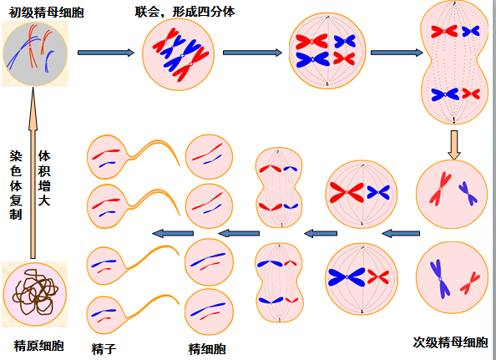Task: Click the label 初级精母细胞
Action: click(46, 13)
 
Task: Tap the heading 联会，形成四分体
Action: click(185, 12)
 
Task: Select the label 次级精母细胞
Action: click(450, 342)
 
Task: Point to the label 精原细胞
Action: click(39, 346)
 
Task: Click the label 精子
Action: click(104, 349)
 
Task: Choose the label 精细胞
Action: click(207, 349)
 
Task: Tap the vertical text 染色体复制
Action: click(16, 185)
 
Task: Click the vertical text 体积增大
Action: click(44, 178)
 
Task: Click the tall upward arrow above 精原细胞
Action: click(33, 172)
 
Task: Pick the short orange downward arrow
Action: click(454, 145)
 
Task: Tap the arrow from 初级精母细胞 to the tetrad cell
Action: click(106, 53)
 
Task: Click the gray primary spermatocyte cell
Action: click(35, 53)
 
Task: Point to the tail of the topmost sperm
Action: click(158, 144)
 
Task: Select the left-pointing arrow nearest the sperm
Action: click(173, 234)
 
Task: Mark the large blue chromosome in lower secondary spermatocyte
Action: click(440, 279)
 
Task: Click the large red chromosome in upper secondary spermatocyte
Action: click(440, 189)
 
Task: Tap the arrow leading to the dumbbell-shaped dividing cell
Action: click(397, 53)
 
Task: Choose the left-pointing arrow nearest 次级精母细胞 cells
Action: click(401, 234)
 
